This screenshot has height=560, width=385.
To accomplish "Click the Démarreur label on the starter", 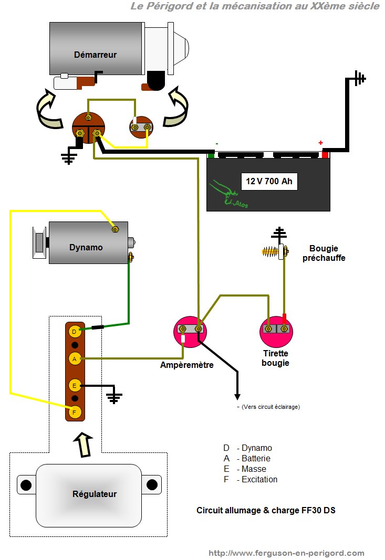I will [95, 55].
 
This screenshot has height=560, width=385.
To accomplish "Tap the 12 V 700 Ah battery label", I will [269, 182].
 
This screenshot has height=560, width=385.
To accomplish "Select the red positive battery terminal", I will [325, 154].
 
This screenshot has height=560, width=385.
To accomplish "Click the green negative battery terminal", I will [211, 155].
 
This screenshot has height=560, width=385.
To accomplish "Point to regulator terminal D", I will [75, 332].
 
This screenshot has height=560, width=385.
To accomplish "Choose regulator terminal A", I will [75, 359].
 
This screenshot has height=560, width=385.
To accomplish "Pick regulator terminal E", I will [75, 385].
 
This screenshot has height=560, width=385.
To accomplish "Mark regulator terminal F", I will [75, 412].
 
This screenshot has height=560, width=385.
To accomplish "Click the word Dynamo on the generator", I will [86, 247].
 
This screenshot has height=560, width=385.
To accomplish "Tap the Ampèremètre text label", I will [186, 365].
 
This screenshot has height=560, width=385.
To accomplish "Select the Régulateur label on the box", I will [95, 494].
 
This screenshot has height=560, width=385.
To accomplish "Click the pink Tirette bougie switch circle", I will [276, 331].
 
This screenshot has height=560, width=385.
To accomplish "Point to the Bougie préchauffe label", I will [324, 253].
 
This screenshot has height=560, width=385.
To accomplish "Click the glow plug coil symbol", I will [269, 252].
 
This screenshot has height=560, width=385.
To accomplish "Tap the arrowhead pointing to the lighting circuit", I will [237, 397].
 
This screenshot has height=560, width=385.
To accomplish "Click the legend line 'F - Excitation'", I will [250, 479].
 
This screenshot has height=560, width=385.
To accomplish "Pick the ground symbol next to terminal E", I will [113, 397].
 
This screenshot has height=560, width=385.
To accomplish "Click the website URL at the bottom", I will [286, 553].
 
